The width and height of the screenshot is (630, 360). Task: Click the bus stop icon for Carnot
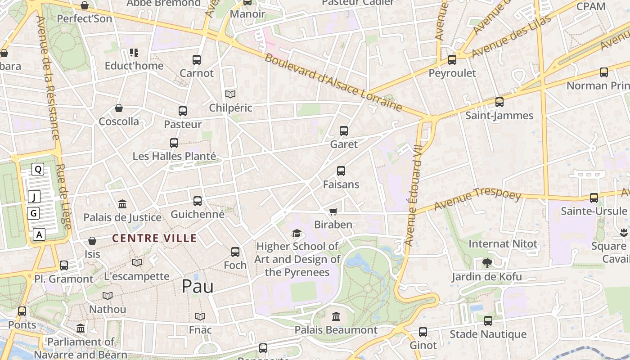click(197, 59)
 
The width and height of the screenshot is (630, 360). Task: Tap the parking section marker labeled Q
click(38, 169)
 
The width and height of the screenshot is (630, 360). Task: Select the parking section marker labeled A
click(39, 234)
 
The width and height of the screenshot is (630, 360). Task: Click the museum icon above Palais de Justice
click(122, 204)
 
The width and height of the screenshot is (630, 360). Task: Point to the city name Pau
click(198, 286)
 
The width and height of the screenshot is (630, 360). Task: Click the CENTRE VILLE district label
click(154, 238)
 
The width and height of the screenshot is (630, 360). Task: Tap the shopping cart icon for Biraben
click(333, 211)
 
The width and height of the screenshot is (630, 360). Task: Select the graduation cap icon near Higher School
click(297, 233)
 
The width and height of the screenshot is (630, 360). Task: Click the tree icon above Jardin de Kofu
click(486, 263)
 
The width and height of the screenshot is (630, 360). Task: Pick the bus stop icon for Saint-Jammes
click(499, 102)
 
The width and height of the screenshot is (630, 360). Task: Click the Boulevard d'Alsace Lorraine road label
click(333, 82)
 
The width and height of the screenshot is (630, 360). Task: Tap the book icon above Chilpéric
click(230, 94)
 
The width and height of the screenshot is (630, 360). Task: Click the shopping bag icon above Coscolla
click(119, 108)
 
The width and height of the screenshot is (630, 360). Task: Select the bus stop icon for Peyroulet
click(452, 59)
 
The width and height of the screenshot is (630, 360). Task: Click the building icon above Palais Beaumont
click(336, 317)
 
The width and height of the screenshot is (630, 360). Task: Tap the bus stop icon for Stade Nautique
click(488, 321)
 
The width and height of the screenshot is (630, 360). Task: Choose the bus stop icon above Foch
click(235, 252)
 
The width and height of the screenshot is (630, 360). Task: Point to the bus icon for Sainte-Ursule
click(594, 198)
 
